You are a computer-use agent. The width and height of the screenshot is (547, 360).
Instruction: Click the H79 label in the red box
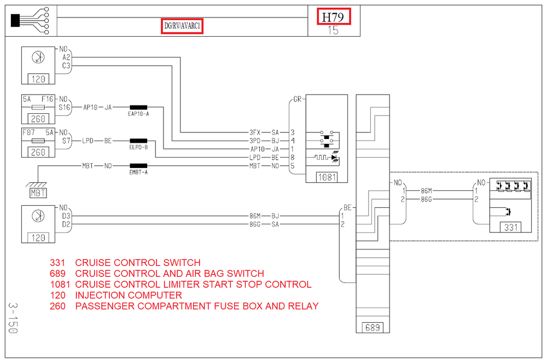point(333,17)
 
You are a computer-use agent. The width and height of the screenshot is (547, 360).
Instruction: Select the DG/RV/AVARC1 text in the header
point(182,26)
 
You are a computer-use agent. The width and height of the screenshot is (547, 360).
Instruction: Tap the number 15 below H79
point(333,30)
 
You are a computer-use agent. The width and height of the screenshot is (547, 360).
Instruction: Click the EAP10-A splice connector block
point(138,107)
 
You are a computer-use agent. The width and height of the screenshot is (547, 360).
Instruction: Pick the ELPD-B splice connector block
point(138,141)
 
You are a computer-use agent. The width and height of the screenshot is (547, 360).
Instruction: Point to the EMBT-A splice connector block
point(138,166)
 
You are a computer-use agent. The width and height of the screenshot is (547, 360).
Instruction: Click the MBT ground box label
point(38,193)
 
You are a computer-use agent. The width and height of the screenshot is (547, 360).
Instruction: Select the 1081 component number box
point(327,177)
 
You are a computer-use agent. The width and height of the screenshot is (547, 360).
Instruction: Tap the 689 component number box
point(372,328)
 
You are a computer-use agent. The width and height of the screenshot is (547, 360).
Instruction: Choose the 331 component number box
point(511,228)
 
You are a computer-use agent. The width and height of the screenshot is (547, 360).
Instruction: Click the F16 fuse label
point(48,99)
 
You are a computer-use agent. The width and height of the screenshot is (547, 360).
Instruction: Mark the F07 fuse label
point(28,132)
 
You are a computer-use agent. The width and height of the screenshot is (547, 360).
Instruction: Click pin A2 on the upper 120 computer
point(66,57)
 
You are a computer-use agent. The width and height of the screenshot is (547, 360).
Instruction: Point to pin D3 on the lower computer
point(66,216)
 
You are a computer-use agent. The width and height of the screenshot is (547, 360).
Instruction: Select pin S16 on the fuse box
point(64,107)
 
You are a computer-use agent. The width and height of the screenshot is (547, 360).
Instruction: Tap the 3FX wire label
point(255,132)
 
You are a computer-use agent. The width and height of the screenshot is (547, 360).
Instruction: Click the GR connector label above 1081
point(297,99)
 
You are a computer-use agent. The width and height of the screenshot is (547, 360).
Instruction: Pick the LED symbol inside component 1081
point(335,158)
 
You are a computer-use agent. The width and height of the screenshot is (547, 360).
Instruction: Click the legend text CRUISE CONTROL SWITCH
point(138,263)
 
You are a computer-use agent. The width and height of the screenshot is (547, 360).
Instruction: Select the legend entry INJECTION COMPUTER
point(129,295)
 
